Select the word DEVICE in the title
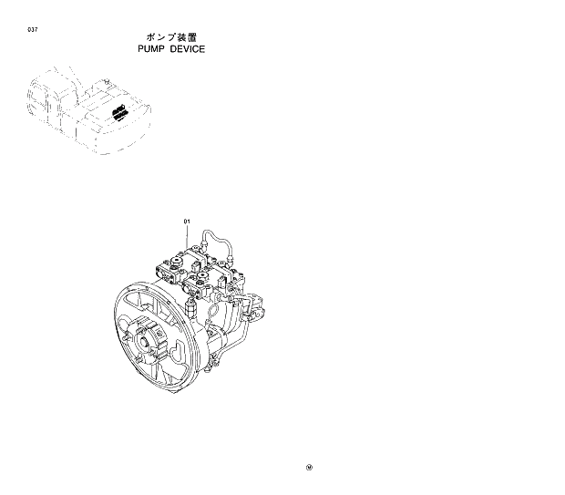[x=186, y=48]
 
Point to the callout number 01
[x=187, y=222]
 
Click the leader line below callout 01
[x=187, y=239]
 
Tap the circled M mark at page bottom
[x=309, y=469]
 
